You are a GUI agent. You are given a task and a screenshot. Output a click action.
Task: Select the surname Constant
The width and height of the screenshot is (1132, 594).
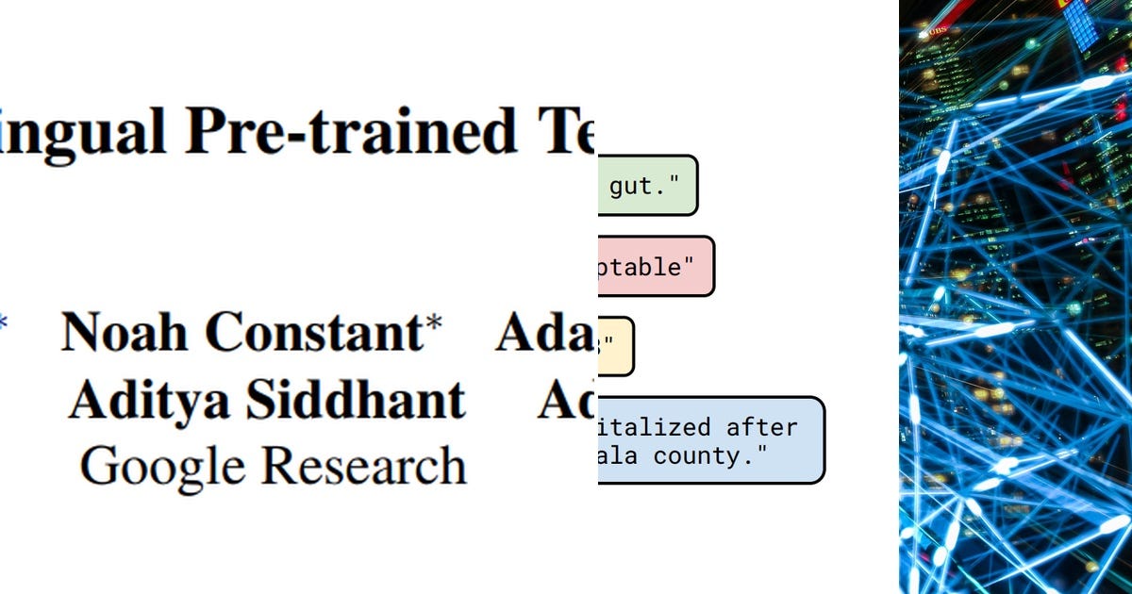314,332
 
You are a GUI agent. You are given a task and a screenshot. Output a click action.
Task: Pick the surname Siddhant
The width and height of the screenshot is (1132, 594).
356,400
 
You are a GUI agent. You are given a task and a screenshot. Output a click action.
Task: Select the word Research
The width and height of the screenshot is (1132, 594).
363,466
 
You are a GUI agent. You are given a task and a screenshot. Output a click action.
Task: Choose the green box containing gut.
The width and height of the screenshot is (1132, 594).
647,186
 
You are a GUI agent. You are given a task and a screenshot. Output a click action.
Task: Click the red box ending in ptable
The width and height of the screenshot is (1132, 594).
655,266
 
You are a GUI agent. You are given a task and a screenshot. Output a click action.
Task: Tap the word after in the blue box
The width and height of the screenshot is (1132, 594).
761,427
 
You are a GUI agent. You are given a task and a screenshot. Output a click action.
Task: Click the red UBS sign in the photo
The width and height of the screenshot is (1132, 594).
937,30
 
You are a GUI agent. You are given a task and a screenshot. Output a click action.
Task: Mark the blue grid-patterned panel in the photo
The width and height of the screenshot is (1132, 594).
1081,23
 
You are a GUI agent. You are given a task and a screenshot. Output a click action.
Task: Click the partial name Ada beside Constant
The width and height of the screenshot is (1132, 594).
544,332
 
